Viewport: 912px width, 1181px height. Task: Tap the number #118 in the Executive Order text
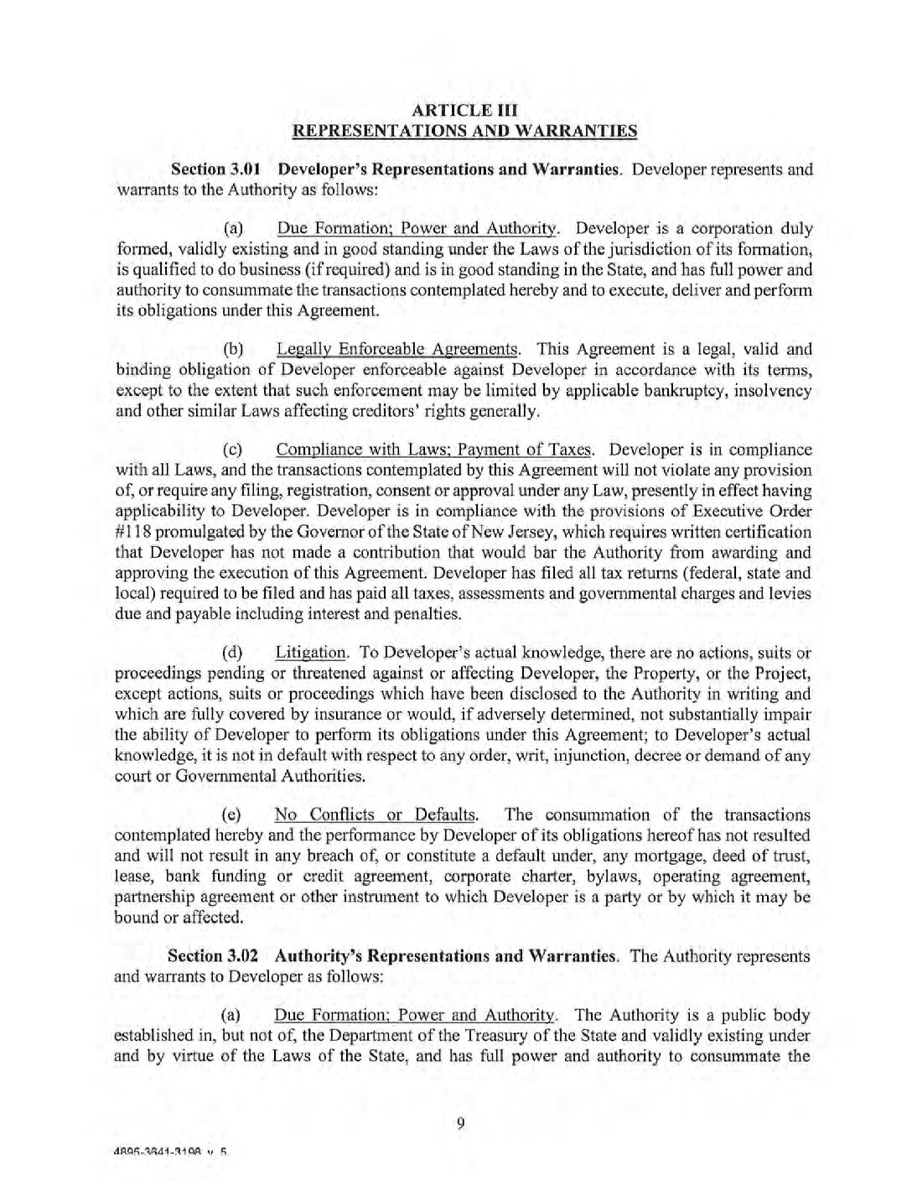[130, 532]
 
